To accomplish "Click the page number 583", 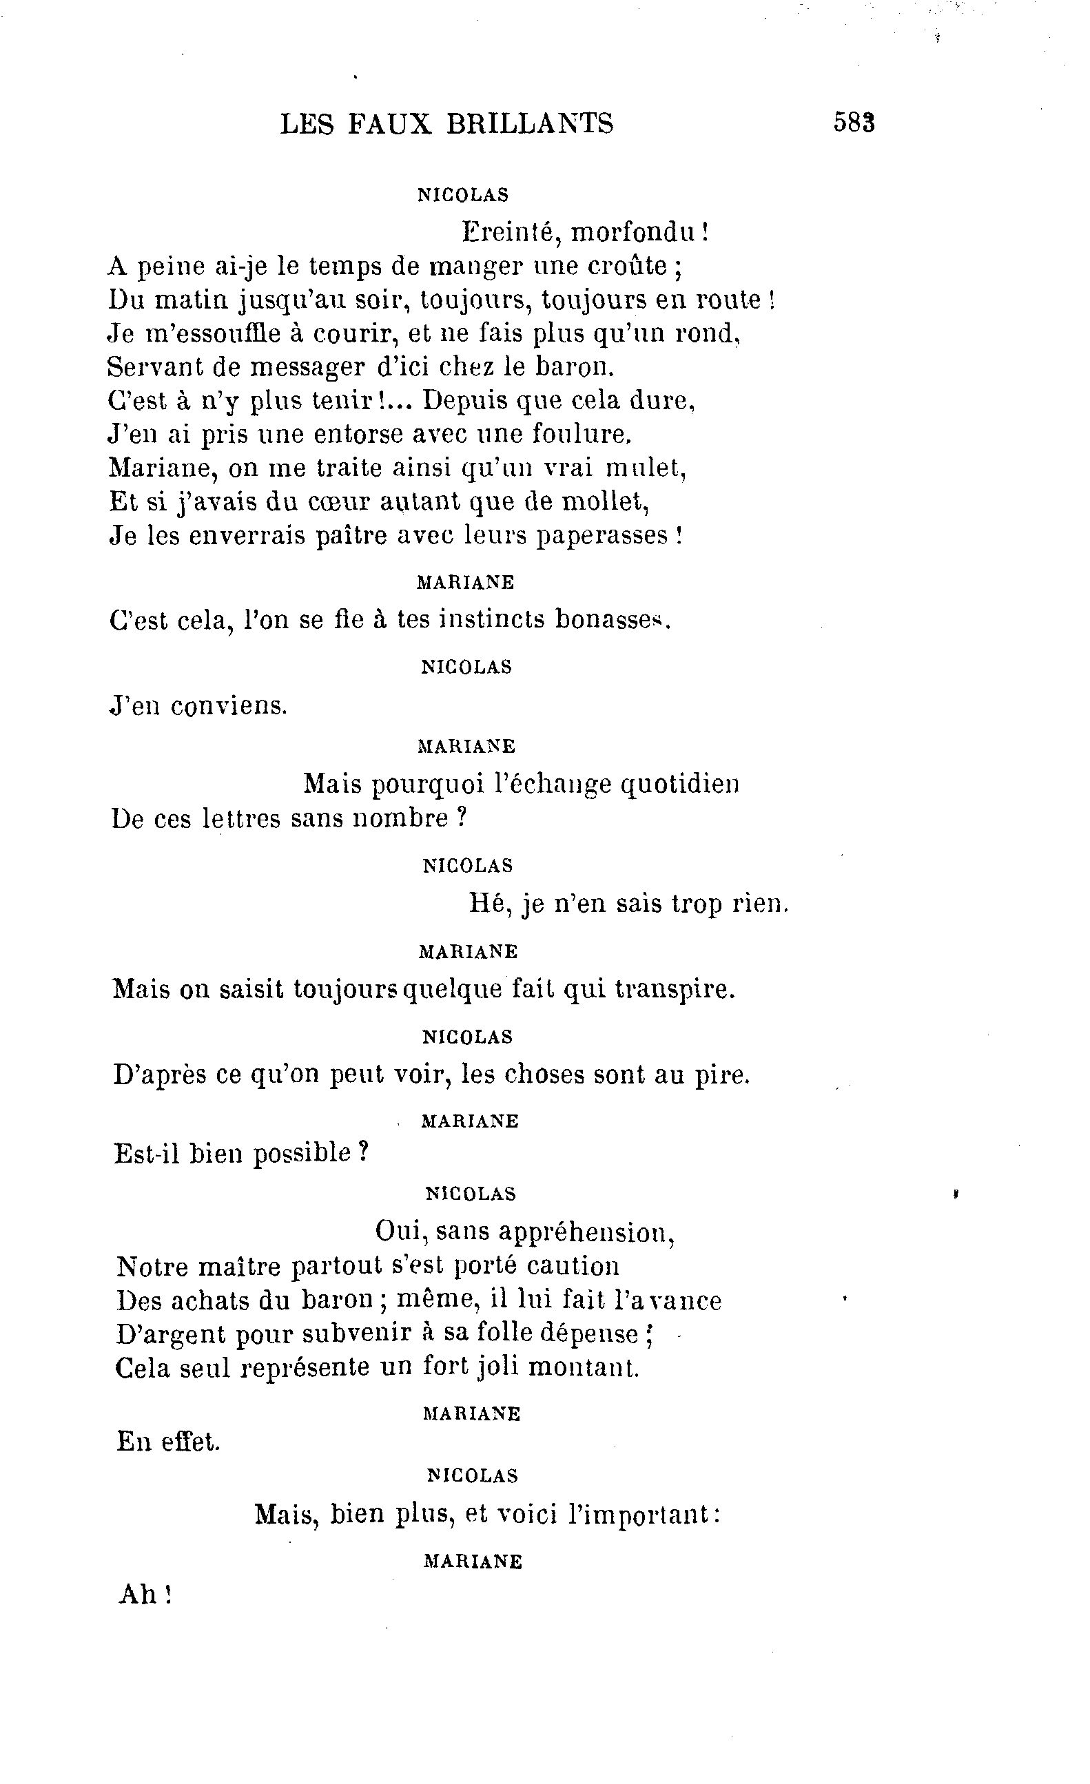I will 854,123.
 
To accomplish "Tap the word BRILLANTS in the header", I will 529,124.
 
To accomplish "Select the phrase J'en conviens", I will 198,705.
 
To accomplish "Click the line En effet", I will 168,1442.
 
